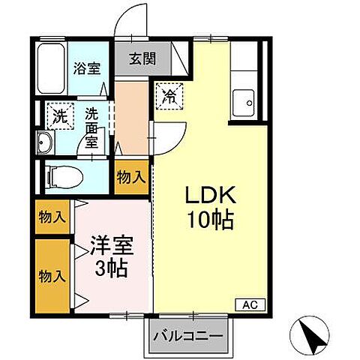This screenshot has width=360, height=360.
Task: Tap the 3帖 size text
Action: pyautogui.click(x=110, y=267)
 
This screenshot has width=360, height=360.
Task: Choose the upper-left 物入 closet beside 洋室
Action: pyautogui.click(x=52, y=218)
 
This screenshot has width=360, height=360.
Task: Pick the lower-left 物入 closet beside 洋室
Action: pyautogui.click(x=52, y=275)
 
